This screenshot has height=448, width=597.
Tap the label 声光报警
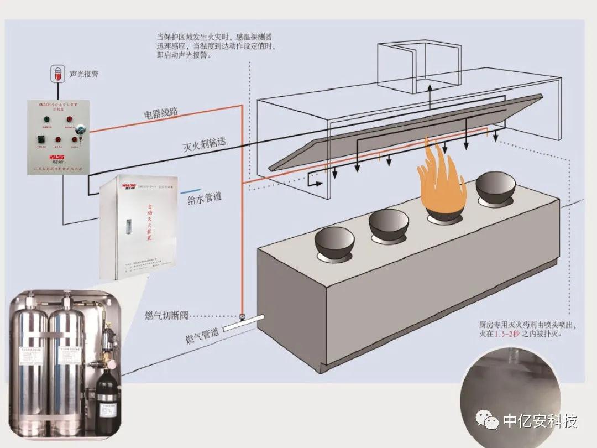pyautogui.click(x=84, y=74)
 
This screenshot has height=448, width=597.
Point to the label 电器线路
pyautogui.click(x=161, y=113)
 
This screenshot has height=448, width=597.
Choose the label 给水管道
pyautogui.click(x=205, y=198)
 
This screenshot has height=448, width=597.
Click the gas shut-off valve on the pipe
pyautogui.click(x=242, y=317)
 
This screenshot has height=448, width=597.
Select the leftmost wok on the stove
pyautogui.click(x=333, y=244)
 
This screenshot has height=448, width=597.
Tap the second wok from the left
pyautogui.click(x=388, y=224)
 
